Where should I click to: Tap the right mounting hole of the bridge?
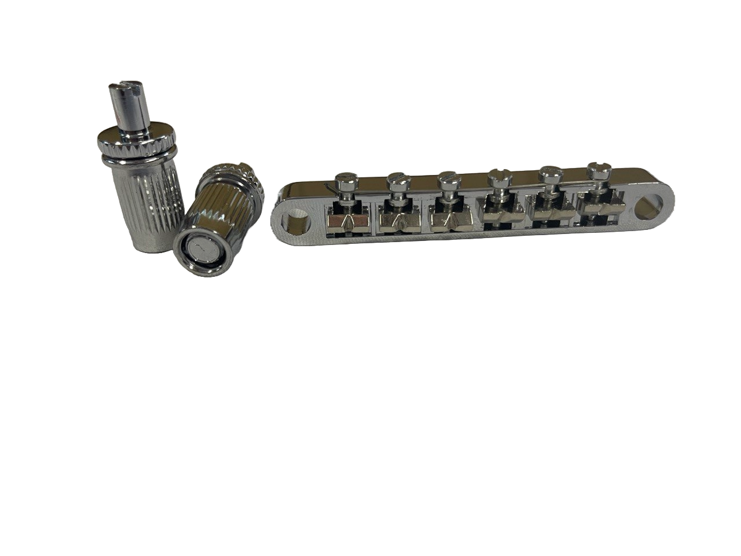coord(646,206)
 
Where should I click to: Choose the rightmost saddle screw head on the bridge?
coord(596,170)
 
